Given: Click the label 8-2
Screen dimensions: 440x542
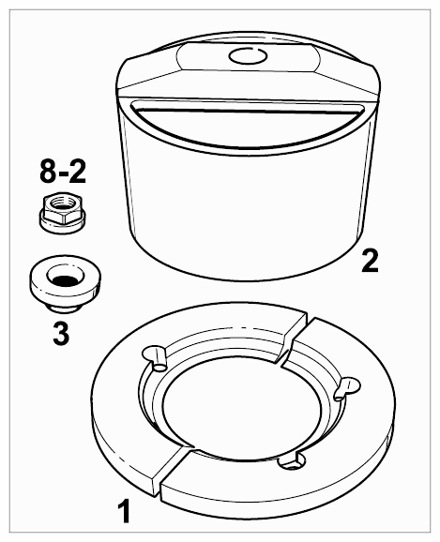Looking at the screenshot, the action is tap(63, 172).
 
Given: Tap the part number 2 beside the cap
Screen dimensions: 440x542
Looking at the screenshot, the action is tap(370, 261).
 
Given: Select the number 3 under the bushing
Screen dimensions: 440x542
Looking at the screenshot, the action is tap(61, 333).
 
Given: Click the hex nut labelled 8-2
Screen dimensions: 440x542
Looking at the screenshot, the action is tap(61, 212).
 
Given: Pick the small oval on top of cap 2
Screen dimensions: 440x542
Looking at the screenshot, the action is tap(248, 55).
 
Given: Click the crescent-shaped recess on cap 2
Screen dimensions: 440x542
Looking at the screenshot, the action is tap(247, 122).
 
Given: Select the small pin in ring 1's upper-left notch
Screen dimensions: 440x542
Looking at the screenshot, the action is tap(159, 359).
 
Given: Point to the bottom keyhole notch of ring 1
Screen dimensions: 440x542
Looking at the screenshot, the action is tap(293, 461).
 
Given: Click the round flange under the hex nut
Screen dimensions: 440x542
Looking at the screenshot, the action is tap(61, 224).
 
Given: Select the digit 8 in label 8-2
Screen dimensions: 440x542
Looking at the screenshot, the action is tap(48, 172).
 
